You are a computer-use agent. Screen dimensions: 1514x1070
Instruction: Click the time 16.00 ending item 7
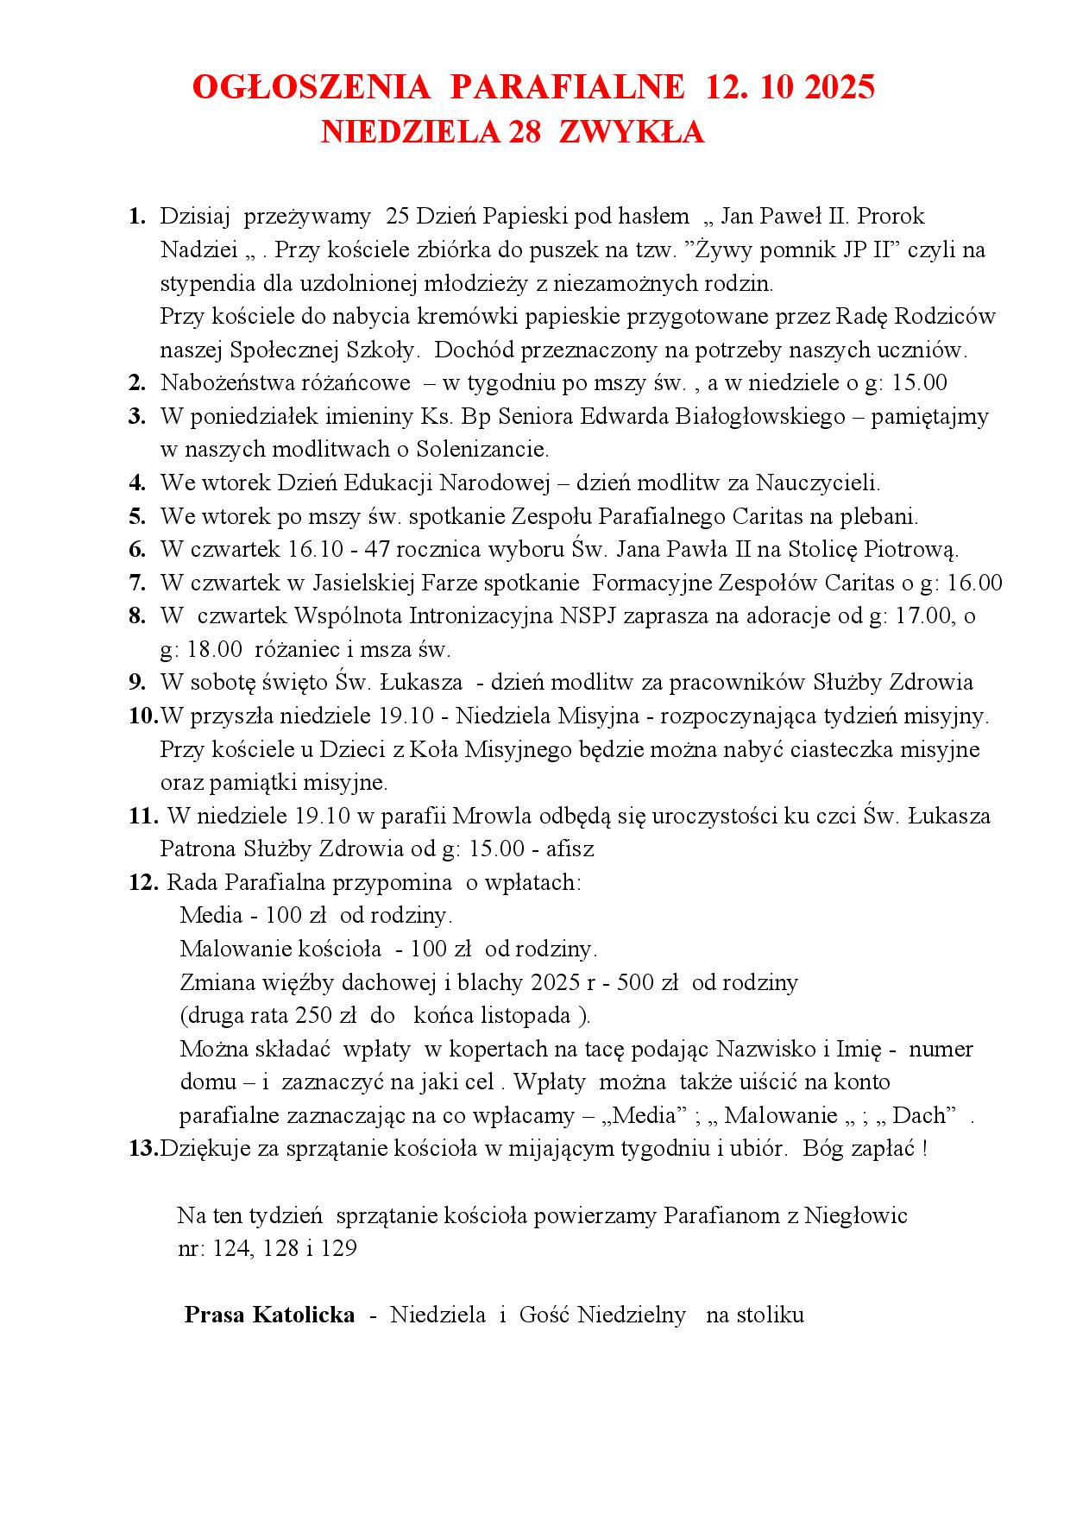975,584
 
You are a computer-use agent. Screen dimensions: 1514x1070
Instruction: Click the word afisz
570,849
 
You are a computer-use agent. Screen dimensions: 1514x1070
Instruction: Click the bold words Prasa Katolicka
269,1315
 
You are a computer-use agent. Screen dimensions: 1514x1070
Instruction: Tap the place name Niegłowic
856,1216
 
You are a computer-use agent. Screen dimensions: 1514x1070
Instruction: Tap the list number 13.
142,1149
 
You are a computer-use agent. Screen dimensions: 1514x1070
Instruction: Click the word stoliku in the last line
772,1315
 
